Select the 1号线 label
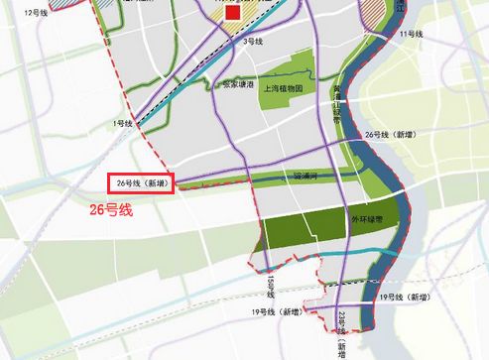point(123,123)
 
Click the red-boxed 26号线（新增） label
point(143,184)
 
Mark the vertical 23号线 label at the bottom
point(342,327)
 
